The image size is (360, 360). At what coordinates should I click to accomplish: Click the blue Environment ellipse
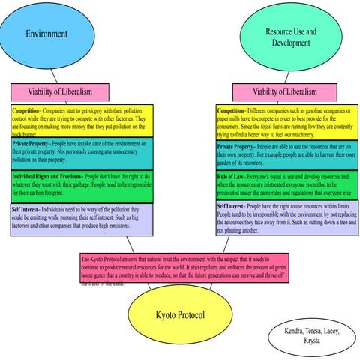(x=46, y=34)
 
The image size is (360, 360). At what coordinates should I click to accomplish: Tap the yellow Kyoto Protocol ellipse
(x=179, y=313)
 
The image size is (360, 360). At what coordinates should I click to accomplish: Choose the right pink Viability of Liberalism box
(x=284, y=91)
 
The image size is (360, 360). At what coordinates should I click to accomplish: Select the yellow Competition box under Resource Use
(x=288, y=122)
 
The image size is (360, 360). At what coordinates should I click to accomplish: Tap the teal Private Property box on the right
(x=288, y=155)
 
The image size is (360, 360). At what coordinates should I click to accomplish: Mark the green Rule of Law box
(x=288, y=185)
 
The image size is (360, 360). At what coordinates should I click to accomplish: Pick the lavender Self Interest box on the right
(x=288, y=218)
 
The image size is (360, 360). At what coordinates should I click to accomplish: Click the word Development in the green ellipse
(x=291, y=43)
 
